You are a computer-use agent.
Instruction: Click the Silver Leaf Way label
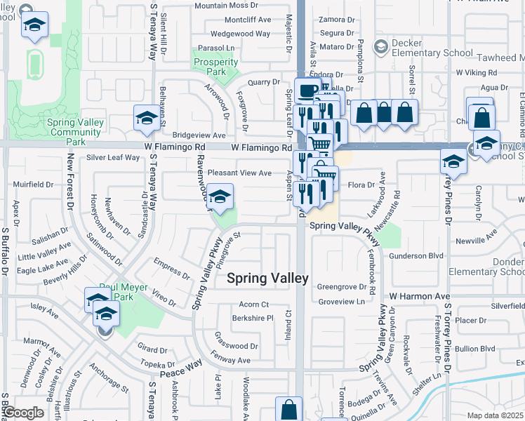click(x=113, y=157)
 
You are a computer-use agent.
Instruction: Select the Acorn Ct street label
click(x=254, y=305)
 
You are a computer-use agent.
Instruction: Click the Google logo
click(x=23, y=413)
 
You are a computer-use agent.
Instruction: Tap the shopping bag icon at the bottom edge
click(x=288, y=408)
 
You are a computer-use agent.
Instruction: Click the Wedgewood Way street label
click(x=240, y=34)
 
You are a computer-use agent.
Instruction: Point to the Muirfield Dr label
click(x=34, y=185)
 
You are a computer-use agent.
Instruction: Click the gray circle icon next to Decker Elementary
click(x=380, y=47)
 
